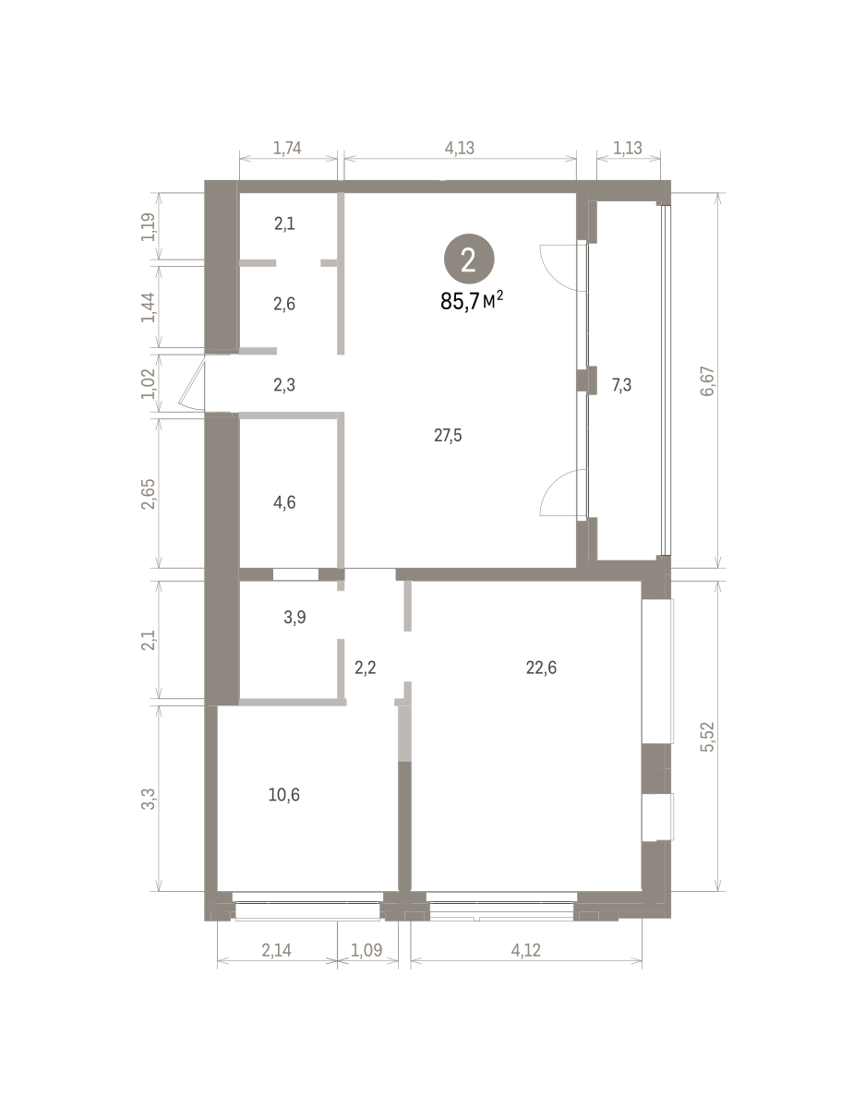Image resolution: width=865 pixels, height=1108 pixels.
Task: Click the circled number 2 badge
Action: tap(468, 259)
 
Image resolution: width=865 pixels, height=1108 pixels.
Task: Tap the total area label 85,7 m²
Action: tap(472, 301)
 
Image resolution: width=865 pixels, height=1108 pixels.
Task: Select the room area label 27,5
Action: tap(448, 436)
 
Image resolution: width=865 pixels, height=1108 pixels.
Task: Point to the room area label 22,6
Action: tap(541, 668)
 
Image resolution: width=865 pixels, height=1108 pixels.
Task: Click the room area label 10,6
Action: tap(284, 794)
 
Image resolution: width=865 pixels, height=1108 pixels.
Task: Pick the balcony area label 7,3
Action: tap(621, 385)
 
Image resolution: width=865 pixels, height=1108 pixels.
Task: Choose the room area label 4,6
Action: tap(284, 503)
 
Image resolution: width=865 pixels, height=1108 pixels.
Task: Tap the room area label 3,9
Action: tap(294, 618)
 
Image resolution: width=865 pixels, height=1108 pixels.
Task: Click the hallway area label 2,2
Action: tap(365, 668)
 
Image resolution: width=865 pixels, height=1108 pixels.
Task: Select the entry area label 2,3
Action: tap(284, 385)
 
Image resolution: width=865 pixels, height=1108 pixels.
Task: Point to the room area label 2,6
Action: tap(284, 304)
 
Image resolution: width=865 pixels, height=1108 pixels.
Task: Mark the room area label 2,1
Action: tap(284, 223)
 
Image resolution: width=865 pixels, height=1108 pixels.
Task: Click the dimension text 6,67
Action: tap(707, 381)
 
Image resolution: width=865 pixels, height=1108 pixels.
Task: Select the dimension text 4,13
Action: tap(459, 148)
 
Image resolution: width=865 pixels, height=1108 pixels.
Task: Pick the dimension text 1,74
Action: tap(287, 148)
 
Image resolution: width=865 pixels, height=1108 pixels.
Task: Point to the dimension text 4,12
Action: tap(525, 950)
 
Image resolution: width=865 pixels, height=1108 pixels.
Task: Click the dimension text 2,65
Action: tap(149, 494)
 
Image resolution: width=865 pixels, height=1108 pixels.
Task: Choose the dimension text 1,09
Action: tap(366, 950)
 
